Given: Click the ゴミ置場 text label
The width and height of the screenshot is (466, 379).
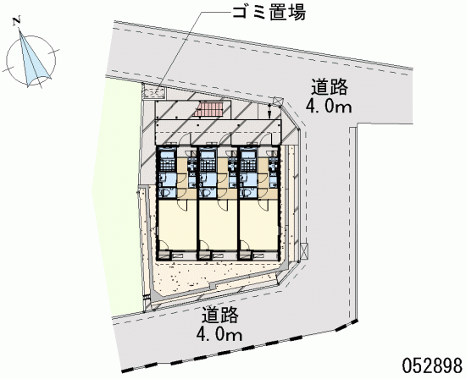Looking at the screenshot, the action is [x=269, y=13].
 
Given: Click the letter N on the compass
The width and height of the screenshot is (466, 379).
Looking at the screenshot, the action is [x=17, y=22].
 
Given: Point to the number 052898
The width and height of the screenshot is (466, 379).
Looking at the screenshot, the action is [x=432, y=365].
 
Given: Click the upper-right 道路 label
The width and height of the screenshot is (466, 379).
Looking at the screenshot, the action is [x=330, y=87].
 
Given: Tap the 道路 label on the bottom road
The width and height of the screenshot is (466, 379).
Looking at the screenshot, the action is [x=220, y=315].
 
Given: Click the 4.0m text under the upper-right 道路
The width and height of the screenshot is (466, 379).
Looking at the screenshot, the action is [x=329, y=107].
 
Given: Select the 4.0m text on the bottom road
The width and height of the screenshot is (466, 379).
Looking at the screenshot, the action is [x=219, y=335].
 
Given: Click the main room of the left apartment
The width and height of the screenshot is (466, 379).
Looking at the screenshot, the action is [x=177, y=225].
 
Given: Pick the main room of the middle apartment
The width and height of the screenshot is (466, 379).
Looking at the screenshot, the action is [x=218, y=225].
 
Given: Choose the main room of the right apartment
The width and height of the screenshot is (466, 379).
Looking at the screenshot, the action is [x=258, y=225].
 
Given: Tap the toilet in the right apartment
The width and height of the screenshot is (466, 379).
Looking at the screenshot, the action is [x=247, y=193].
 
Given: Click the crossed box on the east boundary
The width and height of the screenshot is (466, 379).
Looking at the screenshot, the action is [x=304, y=251].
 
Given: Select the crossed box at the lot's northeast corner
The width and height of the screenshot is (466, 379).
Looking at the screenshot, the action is [x=278, y=102].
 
